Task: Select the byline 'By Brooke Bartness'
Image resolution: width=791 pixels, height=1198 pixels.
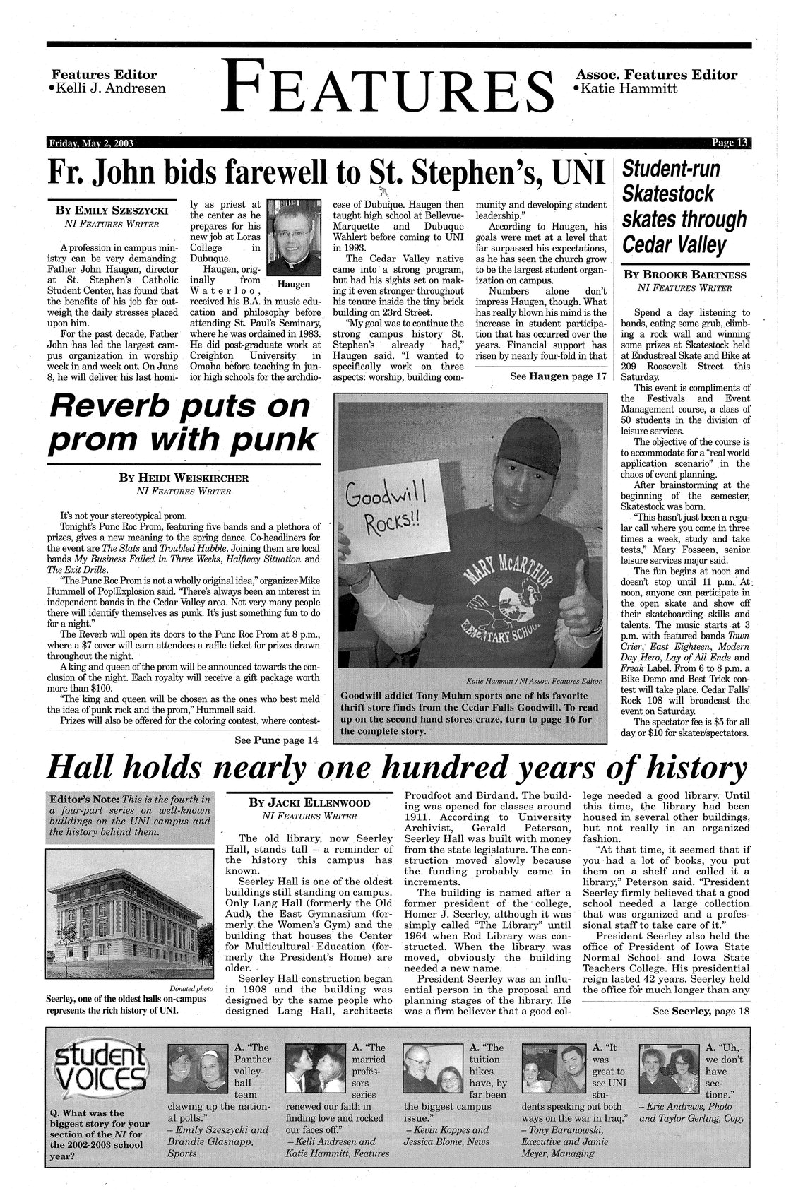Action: point(685,274)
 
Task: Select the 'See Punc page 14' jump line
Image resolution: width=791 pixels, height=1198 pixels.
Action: point(276,740)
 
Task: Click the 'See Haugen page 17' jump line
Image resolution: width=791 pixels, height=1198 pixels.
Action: point(558,376)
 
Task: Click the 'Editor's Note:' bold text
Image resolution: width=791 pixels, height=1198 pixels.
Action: point(83,800)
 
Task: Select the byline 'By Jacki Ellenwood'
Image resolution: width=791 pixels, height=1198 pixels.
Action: point(309,803)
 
